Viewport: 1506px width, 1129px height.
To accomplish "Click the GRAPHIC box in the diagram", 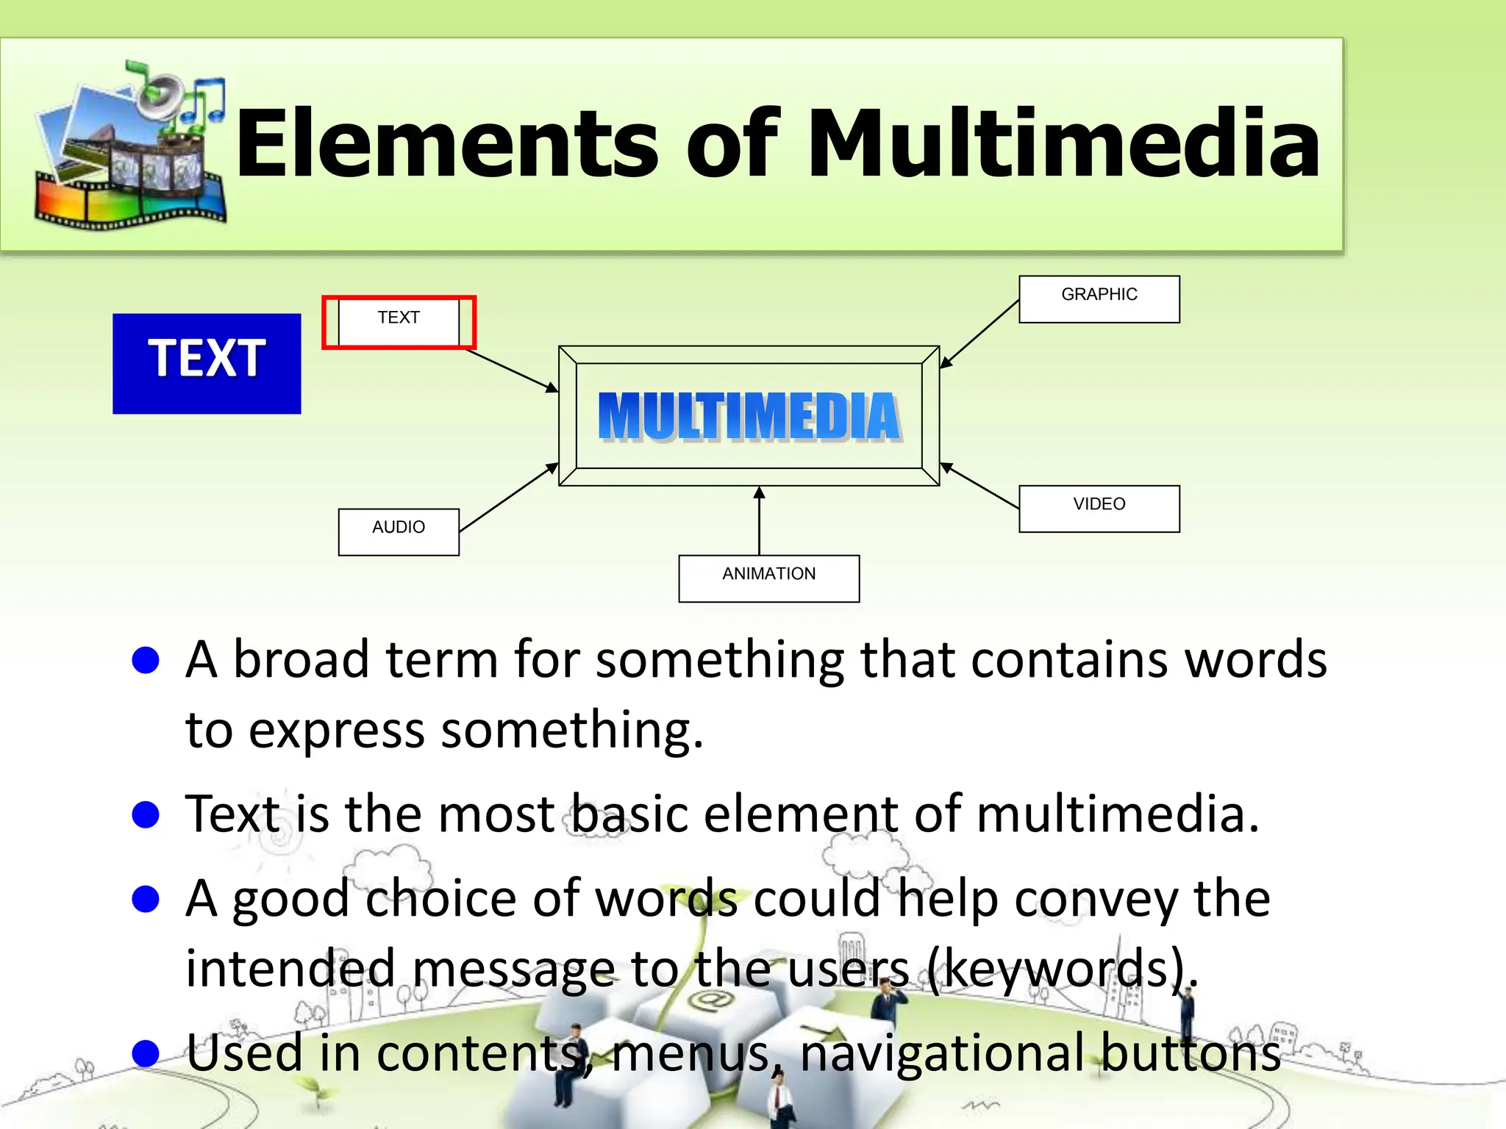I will (1099, 299).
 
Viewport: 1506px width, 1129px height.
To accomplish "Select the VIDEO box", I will (1099, 509).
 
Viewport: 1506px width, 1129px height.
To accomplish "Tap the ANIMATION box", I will (768, 578).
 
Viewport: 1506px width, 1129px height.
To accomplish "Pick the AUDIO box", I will (399, 531).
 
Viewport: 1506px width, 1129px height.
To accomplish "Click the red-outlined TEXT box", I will (399, 322).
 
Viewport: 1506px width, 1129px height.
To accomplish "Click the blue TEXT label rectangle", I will (207, 363).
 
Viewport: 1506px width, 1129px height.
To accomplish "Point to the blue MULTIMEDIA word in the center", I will (749, 416).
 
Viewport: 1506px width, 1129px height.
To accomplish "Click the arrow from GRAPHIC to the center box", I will (979, 334).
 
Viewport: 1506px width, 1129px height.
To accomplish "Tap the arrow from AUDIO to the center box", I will (508, 498).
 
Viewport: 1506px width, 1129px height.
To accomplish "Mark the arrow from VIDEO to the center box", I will (979, 486).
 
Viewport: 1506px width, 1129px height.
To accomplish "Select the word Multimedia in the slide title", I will (1063, 143).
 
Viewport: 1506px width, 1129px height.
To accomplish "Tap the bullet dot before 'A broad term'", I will (146, 660).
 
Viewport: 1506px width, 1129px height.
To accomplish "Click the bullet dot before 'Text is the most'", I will (146, 814).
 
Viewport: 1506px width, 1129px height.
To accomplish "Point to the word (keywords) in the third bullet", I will (1063, 969).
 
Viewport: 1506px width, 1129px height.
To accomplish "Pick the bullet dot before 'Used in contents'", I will (146, 1053).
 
